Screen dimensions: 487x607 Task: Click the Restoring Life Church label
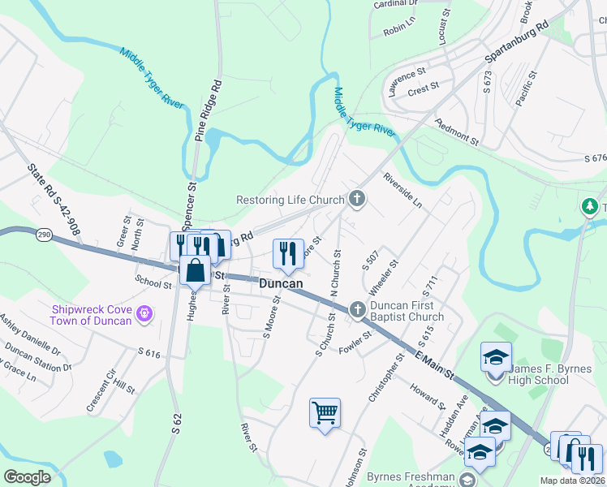pyautogui.click(x=290, y=200)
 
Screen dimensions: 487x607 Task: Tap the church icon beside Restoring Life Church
pyautogui.click(x=356, y=199)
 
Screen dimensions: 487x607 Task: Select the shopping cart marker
pyautogui.click(x=325, y=413)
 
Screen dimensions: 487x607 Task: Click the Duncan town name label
pyautogui.click(x=281, y=284)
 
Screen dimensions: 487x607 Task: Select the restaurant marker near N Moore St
pyautogui.click(x=289, y=253)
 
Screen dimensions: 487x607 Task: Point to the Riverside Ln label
pyautogui.click(x=403, y=188)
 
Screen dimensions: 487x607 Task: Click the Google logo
pyautogui.click(x=28, y=477)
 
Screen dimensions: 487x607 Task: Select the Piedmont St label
pyautogui.click(x=458, y=132)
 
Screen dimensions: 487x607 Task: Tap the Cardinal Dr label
pyautogui.click(x=395, y=4)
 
